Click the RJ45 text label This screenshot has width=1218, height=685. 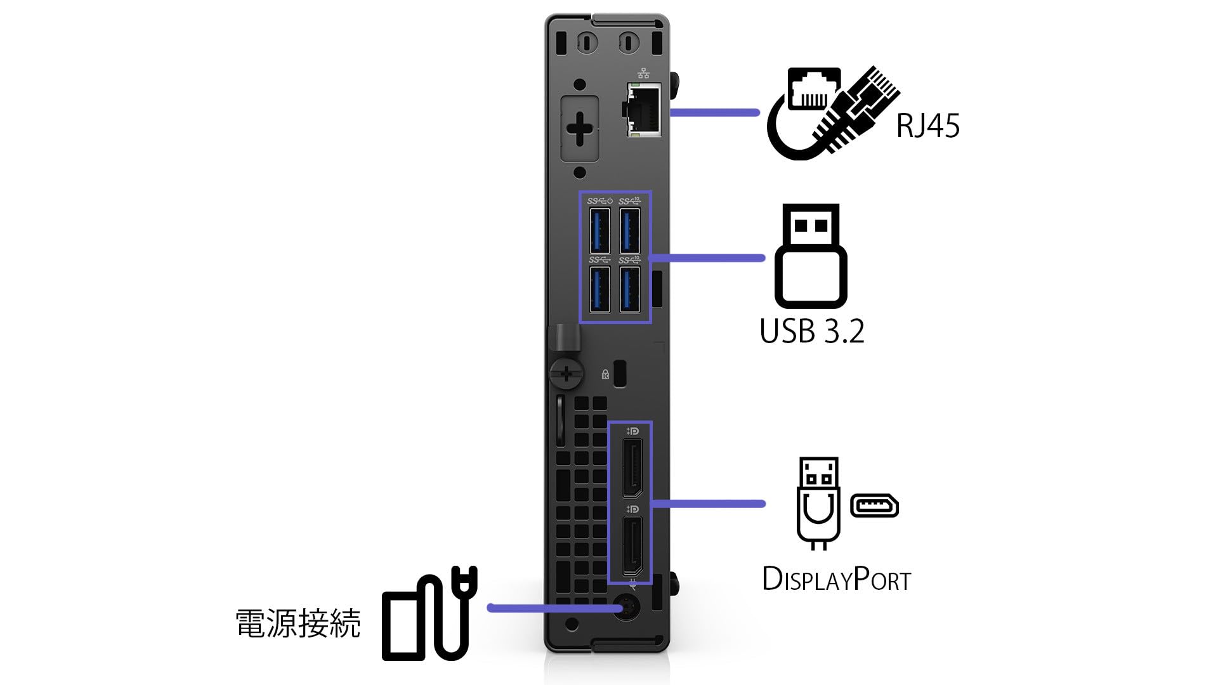pyautogui.click(x=927, y=126)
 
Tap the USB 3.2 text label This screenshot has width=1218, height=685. pyautogui.click(x=812, y=331)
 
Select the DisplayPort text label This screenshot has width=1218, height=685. pyautogui.click(x=836, y=579)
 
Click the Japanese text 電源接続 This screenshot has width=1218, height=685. pyautogui.click(x=298, y=623)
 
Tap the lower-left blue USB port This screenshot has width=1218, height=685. pyautogui.click(x=599, y=289)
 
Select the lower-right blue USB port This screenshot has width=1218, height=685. pyautogui.click(x=629, y=289)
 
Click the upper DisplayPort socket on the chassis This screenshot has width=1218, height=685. pyautogui.click(x=632, y=467)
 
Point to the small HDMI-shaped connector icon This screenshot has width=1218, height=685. pyautogui.click(x=874, y=506)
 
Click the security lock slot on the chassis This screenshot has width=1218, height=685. pyautogui.click(x=620, y=374)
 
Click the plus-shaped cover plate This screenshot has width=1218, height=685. pyautogui.click(x=580, y=129)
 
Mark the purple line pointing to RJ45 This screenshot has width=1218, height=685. pyautogui.click(x=714, y=113)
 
